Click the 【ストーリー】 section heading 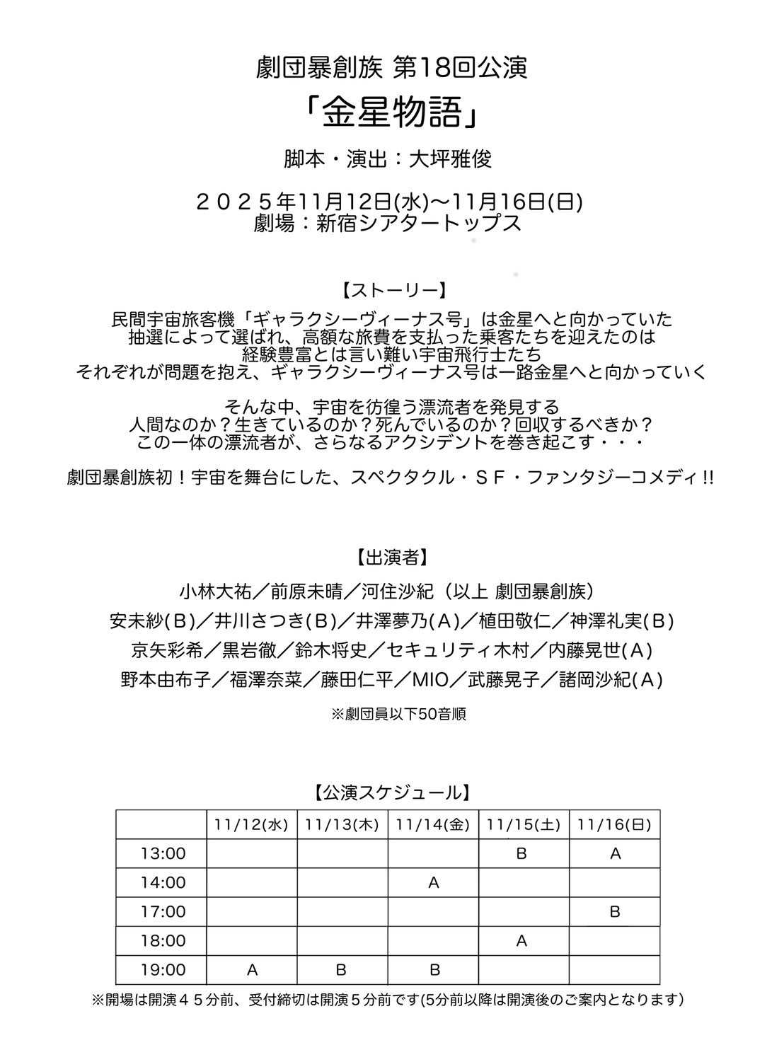tap(391, 291)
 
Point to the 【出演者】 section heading tap(391, 558)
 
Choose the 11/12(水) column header tap(252, 825)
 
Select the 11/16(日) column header tap(614, 825)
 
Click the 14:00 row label tap(163, 883)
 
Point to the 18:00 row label tap(163, 941)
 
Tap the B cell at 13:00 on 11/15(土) tap(522, 854)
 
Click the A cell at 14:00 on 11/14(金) tap(434, 883)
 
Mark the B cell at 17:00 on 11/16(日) tap(614, 912)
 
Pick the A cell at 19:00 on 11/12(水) tap(252, 970)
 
